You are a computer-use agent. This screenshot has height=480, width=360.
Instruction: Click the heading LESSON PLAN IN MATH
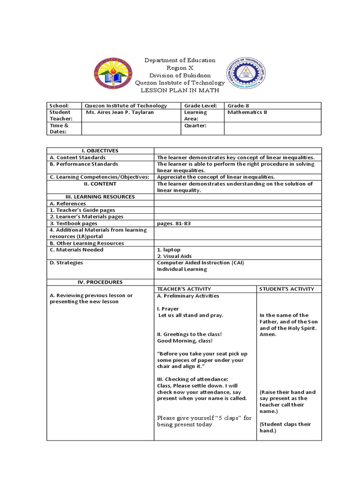click(x=180, y=90)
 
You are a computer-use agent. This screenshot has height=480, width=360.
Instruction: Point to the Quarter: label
click(x=195, y=126)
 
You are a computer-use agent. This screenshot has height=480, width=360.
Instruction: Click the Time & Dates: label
click(x=60, y=128)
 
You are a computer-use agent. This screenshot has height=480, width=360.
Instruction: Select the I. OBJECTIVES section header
click(x=100, y=150)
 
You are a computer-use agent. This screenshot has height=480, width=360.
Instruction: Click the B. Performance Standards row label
click(x=84, y=164)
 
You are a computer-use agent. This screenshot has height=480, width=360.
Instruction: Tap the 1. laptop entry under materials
click(x=169, y=250)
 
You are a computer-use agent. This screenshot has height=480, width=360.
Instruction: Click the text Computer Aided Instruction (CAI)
click(x=201, y=262)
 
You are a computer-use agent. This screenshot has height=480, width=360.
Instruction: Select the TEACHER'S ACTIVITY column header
click(x=184, y=289)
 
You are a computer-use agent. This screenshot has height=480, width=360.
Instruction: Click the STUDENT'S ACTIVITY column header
click(x=287, y=289)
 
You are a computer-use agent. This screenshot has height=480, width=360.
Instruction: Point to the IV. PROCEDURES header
click(x=100, y=282)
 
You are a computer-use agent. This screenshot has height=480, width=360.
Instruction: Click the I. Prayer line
click(x=168, y=309)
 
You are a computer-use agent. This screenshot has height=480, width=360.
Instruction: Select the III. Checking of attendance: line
click(x=193, y=379)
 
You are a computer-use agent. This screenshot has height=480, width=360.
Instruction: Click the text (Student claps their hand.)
click(x=285, y=427)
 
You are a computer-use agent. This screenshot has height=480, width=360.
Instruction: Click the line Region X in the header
click(x=180, y=67)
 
